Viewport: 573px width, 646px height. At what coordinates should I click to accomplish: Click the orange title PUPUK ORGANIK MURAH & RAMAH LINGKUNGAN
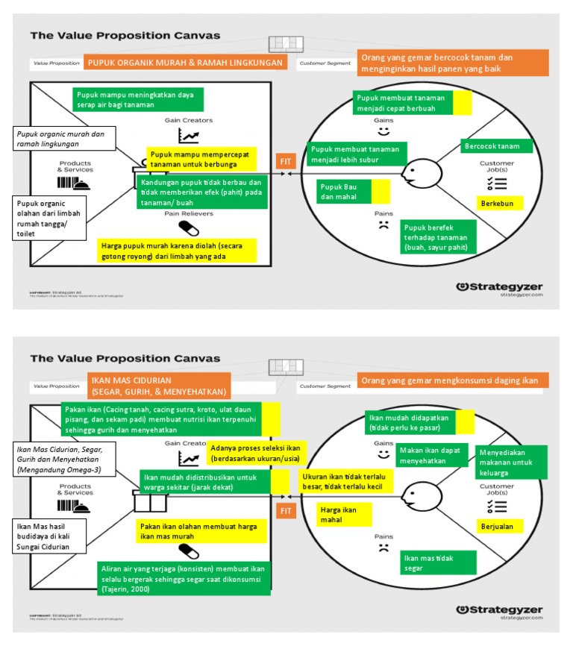point(185,63)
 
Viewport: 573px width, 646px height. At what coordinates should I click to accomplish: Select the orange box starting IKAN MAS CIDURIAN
point(159,385)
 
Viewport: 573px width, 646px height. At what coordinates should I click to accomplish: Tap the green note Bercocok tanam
point(491,146)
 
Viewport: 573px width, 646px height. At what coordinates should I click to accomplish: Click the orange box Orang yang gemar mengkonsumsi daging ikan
point(453,380)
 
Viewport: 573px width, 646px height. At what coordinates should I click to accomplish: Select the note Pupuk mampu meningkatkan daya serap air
point(139,100)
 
